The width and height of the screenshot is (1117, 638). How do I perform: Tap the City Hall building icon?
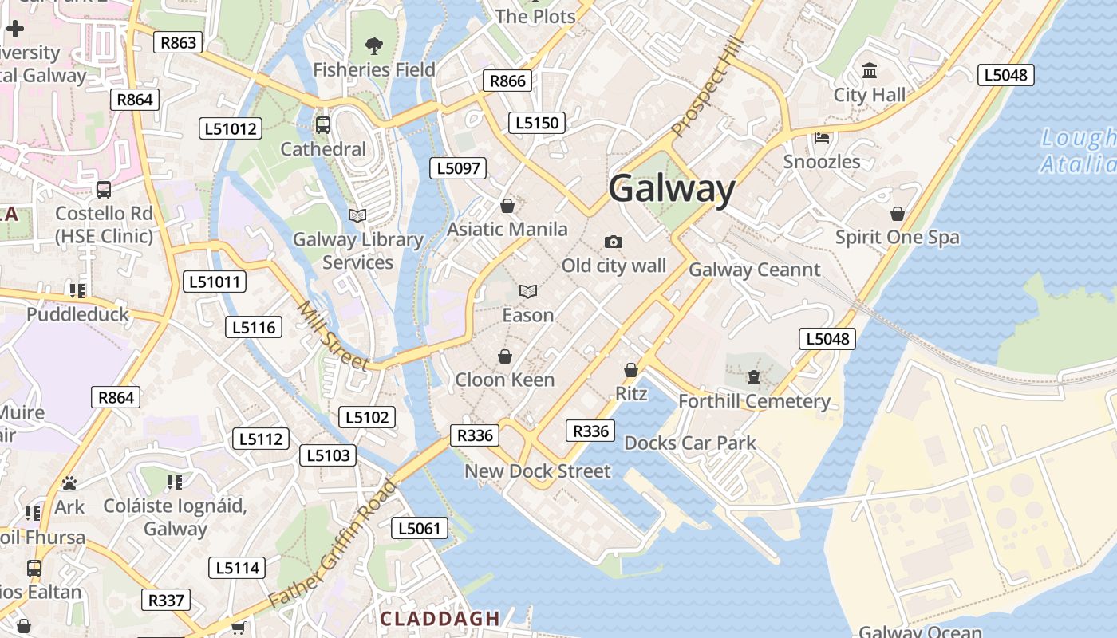pyautogui.click(x=870, y=72)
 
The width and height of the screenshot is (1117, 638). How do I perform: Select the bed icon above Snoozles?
pyautogui.click(x=822, y=138)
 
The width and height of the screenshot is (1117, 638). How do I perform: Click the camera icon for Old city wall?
pyautogui.click(x=613, y=242)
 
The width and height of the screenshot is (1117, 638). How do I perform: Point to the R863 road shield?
pyautogui.click(x=178, y=42)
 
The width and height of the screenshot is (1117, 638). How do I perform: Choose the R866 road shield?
pyautogui.click(x=507, y=81)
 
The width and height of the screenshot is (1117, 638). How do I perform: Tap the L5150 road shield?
pyautogui.click(x=537, y=123)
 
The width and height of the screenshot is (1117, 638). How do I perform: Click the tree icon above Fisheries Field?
pyautogui.click(x=373, y=45)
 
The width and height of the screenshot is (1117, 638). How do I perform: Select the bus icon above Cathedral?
pyautogui.click(x=323, y=125)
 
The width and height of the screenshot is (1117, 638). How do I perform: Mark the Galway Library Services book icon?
pyautogui.click(x=357, y=215)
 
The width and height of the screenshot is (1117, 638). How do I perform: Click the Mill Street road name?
pyautogui.click(x=333, y=336)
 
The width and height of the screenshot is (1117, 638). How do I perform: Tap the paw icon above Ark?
pyautogui.click(x=69, y=483)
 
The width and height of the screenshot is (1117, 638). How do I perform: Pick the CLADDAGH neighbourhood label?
pyautogui.click(x=440, y=618)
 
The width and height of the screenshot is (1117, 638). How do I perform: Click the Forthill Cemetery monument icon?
pyautogui.click(x=754, y=376)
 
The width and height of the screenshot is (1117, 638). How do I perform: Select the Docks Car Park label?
pyautogui.click(x=689, y=443)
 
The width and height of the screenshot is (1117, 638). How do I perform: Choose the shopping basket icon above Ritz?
pyautogui.click(x=630, y=370)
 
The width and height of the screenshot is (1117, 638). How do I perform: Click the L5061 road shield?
pyautogui.click(x=420, y=528)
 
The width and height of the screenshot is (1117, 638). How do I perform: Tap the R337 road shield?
pyautogui.click(x=166, y=600)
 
